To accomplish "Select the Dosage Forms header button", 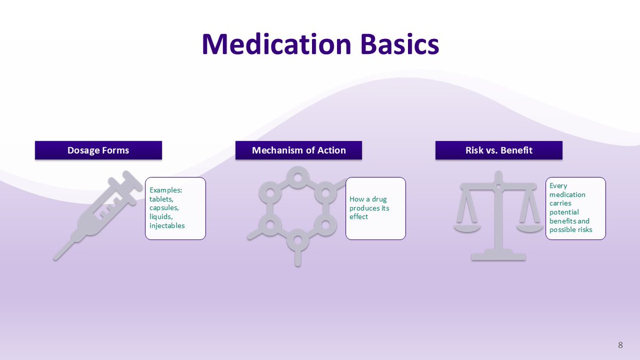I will coord(98,150).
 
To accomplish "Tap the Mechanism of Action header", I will coord(299,150).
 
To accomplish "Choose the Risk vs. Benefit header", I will coord(499,150).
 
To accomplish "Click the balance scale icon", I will coord(498,216).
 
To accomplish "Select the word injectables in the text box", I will coord(167,226).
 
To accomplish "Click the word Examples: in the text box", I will coord(166,190).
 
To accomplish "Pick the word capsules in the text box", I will coord(164,207).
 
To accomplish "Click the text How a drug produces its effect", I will coord(369,208).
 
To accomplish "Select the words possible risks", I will coord(570,230).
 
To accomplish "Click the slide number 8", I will coord(620,345).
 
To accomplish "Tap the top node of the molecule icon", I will coord(298,174).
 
